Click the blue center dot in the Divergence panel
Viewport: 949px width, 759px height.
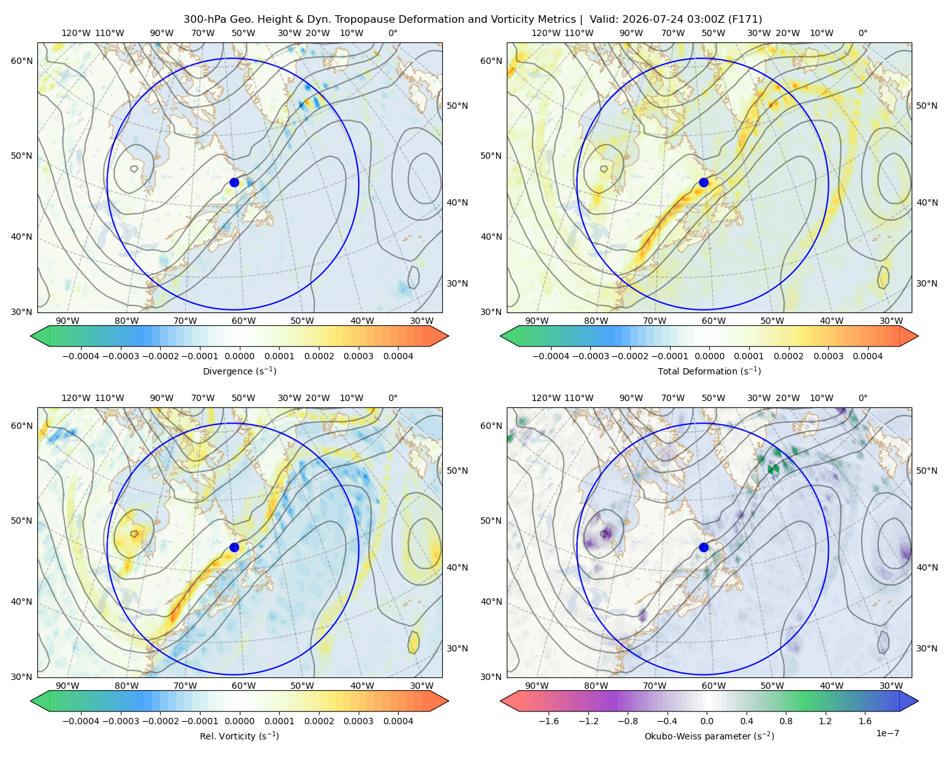[234, 182]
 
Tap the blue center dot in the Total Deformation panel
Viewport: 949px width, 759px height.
[704, 182]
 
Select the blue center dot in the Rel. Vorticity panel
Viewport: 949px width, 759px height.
[234, 547]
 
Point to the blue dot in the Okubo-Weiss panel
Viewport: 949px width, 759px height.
[704, 547]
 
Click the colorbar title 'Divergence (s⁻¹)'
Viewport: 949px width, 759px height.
[239, 371]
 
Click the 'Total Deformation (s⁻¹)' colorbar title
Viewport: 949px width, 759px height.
[709, 371]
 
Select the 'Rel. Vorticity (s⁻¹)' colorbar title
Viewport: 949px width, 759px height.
[239, 736]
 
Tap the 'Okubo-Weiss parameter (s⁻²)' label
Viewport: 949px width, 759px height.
[709, 736]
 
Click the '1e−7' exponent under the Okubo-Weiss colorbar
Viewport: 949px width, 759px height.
[887, 733]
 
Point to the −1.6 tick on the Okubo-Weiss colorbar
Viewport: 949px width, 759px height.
[549, 721]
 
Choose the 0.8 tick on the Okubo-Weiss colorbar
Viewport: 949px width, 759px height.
[786, 721]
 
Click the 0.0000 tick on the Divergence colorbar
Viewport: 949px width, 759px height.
[239, 356]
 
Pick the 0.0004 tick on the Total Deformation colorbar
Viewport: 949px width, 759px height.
[867, 356]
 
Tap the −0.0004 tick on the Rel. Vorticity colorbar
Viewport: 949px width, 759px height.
[81, 721]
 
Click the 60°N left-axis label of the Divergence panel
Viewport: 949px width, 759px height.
[22, 61]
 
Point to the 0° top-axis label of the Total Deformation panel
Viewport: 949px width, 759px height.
[862, 33]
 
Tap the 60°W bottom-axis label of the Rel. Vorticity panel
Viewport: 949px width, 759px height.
[244, 686]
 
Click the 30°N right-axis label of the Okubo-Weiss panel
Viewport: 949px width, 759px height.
[926, 648]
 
